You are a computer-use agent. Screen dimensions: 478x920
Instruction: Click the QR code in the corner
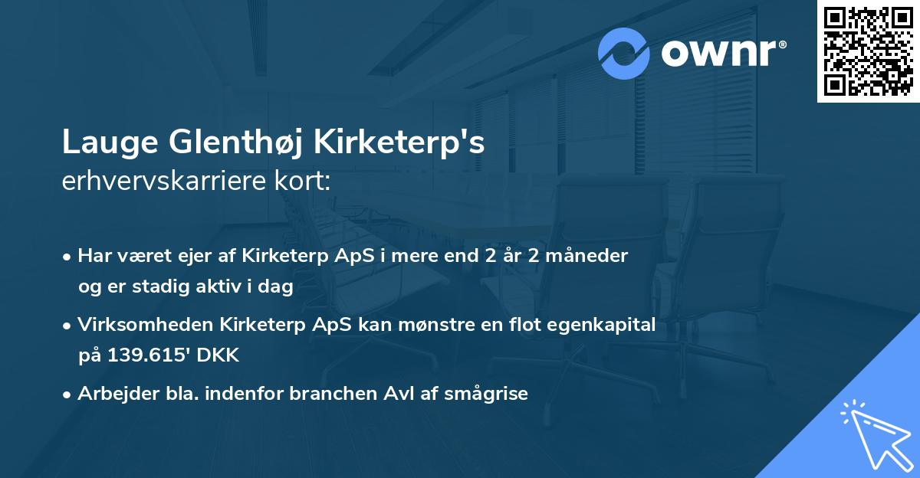869,51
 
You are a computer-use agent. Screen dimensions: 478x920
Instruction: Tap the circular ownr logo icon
623,53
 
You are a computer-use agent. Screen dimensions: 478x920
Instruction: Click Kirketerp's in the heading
402,143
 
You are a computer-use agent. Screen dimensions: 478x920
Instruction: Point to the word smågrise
491,394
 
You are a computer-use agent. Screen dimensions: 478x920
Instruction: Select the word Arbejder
111,394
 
